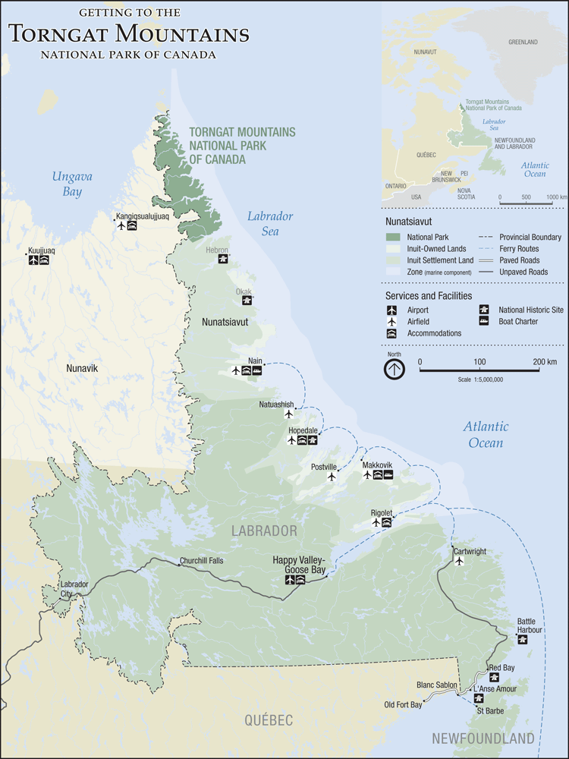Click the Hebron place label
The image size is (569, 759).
[x=217, y=249]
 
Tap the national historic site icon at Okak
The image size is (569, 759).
[x=247, y=301]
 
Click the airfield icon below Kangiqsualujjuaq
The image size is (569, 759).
[x=121, y=226]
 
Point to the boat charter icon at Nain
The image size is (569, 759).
[x=257, y=371]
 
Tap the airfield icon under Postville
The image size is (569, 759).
[x=332, y=477]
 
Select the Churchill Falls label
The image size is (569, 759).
[x=200, y=562]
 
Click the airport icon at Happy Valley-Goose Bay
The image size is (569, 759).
[x=290, y=581]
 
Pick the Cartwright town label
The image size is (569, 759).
[x=470, y=552]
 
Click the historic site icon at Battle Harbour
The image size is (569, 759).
[x=523, y=640]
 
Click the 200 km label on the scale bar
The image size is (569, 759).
[x=543, y=361]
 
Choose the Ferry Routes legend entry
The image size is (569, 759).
[x=518, y=249]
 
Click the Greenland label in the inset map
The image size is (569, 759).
[x=523, y=42]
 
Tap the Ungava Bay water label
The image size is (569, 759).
[x=72, y=184]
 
